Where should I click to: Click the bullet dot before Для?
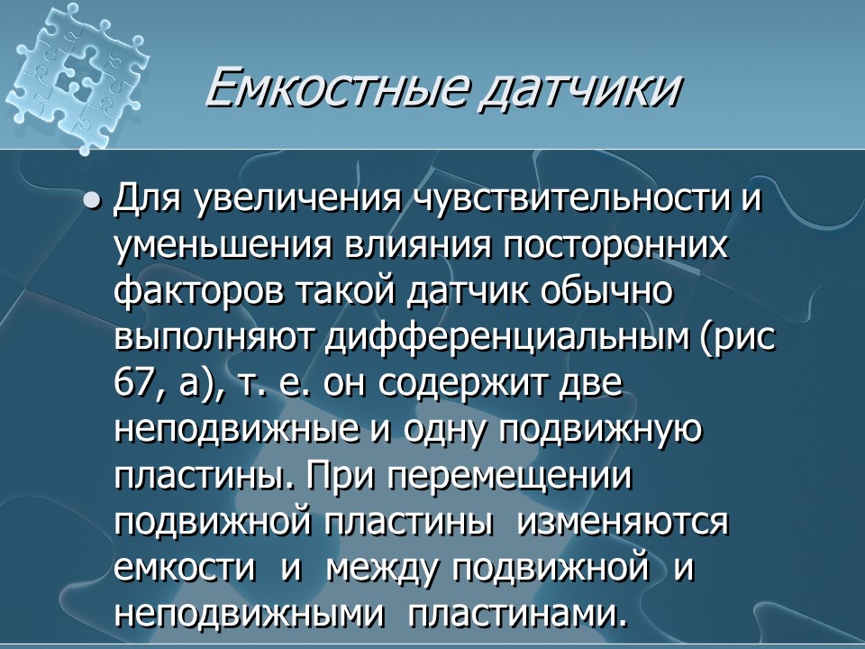[x=90, y=201]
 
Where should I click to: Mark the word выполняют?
[x=215, y=339]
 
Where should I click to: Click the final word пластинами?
[x=515, y=616]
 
